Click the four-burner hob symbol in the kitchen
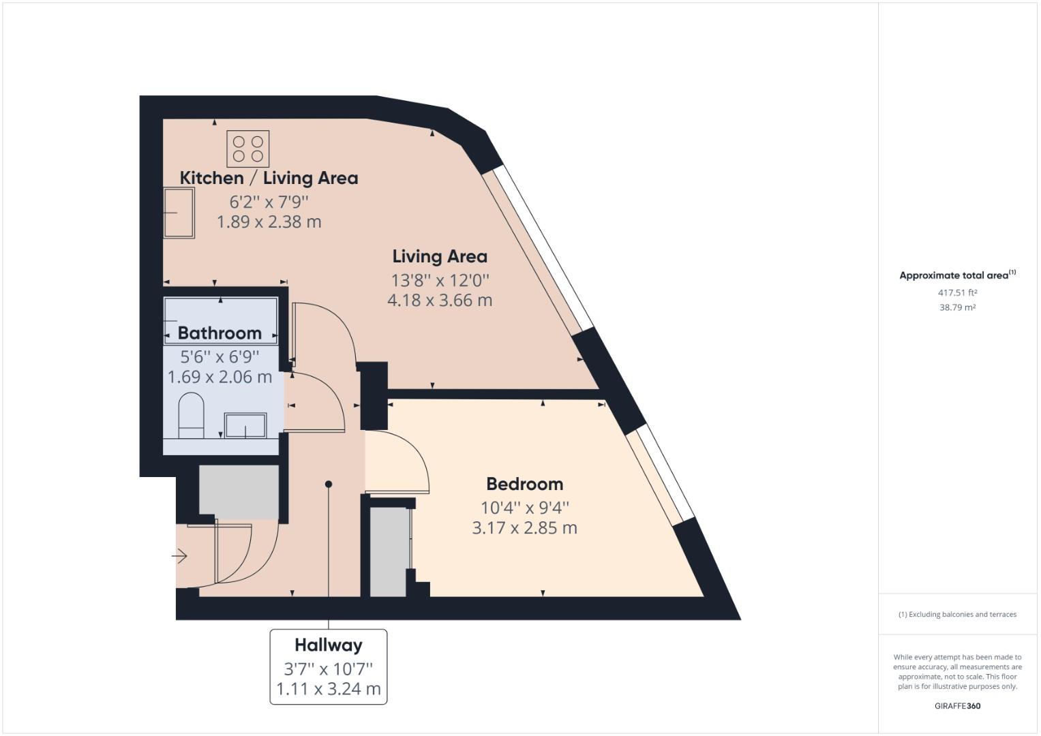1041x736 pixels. (x=248, y=149)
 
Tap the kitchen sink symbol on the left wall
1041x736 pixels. (x=179, y=213)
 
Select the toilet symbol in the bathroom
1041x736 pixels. (x=191, y=415)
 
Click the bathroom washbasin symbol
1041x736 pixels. (x=245, y=425)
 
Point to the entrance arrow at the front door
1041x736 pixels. (x=179, y=557)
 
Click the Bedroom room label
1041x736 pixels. (x=524, y=485)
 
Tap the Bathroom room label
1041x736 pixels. (x=220, y=333)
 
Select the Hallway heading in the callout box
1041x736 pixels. (x=328, y=645)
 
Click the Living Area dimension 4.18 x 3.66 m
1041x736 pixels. (x=440, y=301)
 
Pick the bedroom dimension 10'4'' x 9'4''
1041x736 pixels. (x=524, y=508)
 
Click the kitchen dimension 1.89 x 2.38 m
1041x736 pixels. (x=269, y=222)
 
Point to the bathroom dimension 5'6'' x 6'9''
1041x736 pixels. (x=220, y=356)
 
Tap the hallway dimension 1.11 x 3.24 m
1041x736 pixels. (x=328, y=689)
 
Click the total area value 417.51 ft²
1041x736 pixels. (x=957, y=293)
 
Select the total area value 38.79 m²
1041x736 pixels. (x=957, y=307)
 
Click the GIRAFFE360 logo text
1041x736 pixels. (x=957, y=706)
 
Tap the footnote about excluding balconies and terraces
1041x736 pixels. (x=957, y=614)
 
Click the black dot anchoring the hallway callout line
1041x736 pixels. (x=329, y=485)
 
